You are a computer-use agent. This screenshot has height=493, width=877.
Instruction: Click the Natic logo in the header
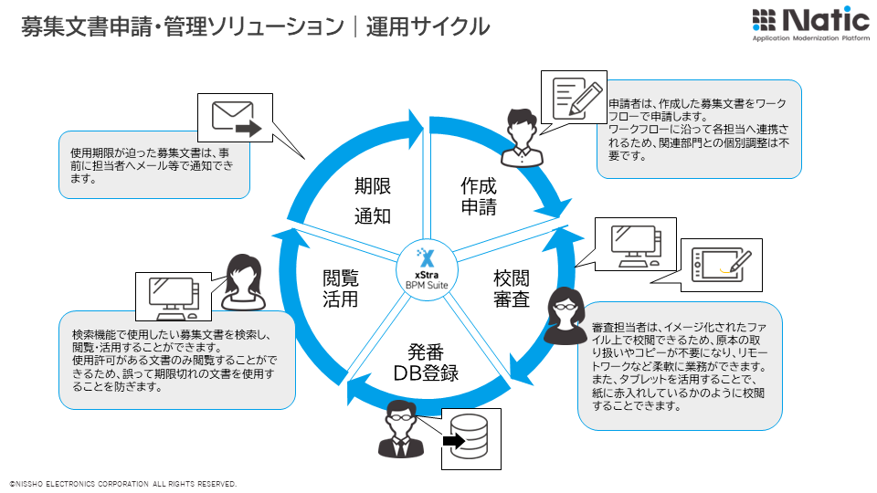810,25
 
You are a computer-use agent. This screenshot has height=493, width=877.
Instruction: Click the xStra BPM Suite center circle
425,268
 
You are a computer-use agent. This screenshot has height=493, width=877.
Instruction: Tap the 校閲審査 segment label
512,288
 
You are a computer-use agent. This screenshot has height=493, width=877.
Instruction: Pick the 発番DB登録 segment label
426,362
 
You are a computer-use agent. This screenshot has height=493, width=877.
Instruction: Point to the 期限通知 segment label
373,201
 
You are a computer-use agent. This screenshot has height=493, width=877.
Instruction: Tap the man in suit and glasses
398,429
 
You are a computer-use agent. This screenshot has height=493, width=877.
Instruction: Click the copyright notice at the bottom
123,483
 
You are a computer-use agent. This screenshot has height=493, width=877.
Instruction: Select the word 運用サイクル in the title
428,26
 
